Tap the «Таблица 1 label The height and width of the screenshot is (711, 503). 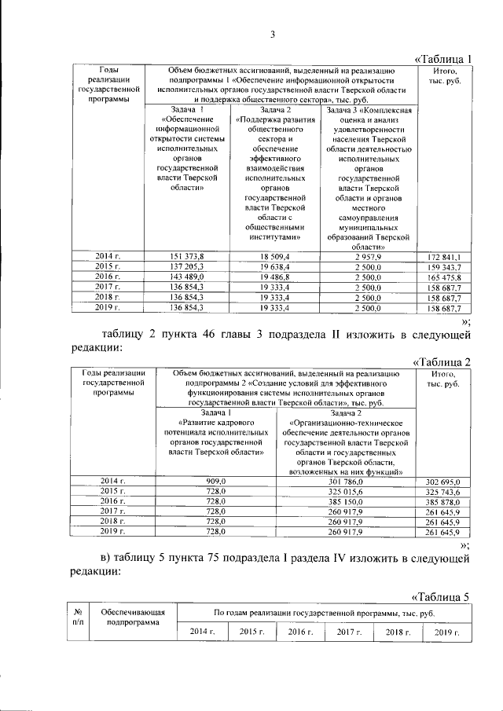pos(442,59)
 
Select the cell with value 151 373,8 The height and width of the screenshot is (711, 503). pos(186,257)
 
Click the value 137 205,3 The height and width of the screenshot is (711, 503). pos(186,267)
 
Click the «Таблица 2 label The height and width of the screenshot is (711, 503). pos(442,361)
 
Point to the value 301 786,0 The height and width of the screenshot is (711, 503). pos(345,481)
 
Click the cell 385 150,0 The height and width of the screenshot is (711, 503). pos(345,501)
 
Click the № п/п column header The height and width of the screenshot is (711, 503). pos(78,617)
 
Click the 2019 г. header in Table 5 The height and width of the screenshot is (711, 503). pos(445,632)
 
